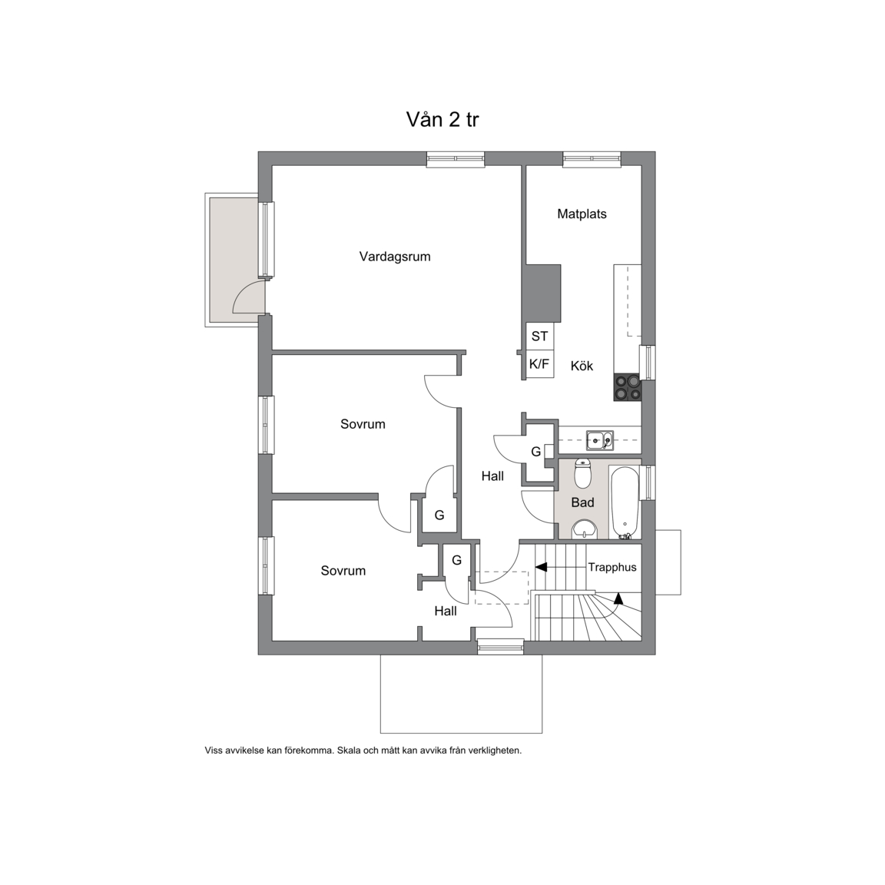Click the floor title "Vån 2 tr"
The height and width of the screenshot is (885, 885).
pos(442,120)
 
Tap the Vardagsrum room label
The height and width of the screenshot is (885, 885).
pos(395,257)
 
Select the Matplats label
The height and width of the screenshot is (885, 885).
pos(582,214)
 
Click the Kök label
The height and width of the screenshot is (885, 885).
pos(582,366)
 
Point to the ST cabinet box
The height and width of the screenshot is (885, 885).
pos(539,336)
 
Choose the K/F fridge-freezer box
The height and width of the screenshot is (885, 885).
pos(539,364)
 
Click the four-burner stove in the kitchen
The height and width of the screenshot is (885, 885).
pos(628,388)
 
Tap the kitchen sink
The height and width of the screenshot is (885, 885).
pos(600,439)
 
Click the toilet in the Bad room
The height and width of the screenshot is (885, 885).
pos(582,473)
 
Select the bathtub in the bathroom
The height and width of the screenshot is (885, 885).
pos(625,502)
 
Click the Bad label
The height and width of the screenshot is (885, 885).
pos(582,502)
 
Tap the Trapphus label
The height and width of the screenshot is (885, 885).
pos(612,567)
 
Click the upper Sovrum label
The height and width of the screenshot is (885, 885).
pos(363,424)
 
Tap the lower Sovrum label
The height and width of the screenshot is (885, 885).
pos(343,571)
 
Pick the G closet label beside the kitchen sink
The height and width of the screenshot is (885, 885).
pos(536,452)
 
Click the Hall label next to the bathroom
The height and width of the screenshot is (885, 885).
pos(492,476)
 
